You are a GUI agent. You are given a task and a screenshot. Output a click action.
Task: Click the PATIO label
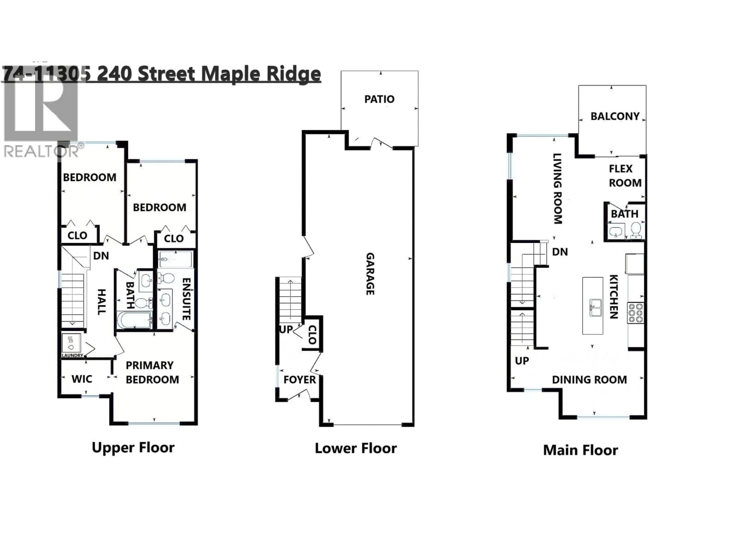(379, 99)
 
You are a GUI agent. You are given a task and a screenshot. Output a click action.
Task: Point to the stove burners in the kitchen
(635, 313)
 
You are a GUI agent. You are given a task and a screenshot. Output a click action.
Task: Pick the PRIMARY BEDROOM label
(152, 372)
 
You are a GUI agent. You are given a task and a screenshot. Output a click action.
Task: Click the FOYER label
(299, 380)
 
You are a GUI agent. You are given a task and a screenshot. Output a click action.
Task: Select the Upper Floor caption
(133, 448)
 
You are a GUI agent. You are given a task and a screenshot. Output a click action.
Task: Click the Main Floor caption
(580, 450)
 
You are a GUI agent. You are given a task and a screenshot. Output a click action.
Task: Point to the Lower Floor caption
(355, 448)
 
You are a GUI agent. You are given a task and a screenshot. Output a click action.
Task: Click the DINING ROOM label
(589, 380)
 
